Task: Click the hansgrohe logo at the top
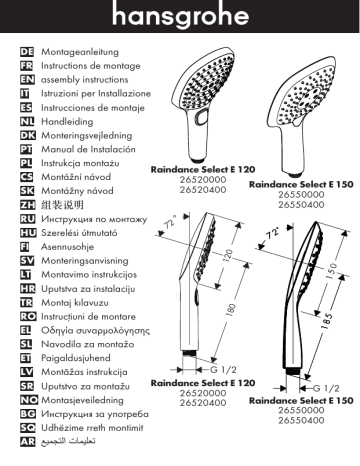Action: (180, 18)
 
